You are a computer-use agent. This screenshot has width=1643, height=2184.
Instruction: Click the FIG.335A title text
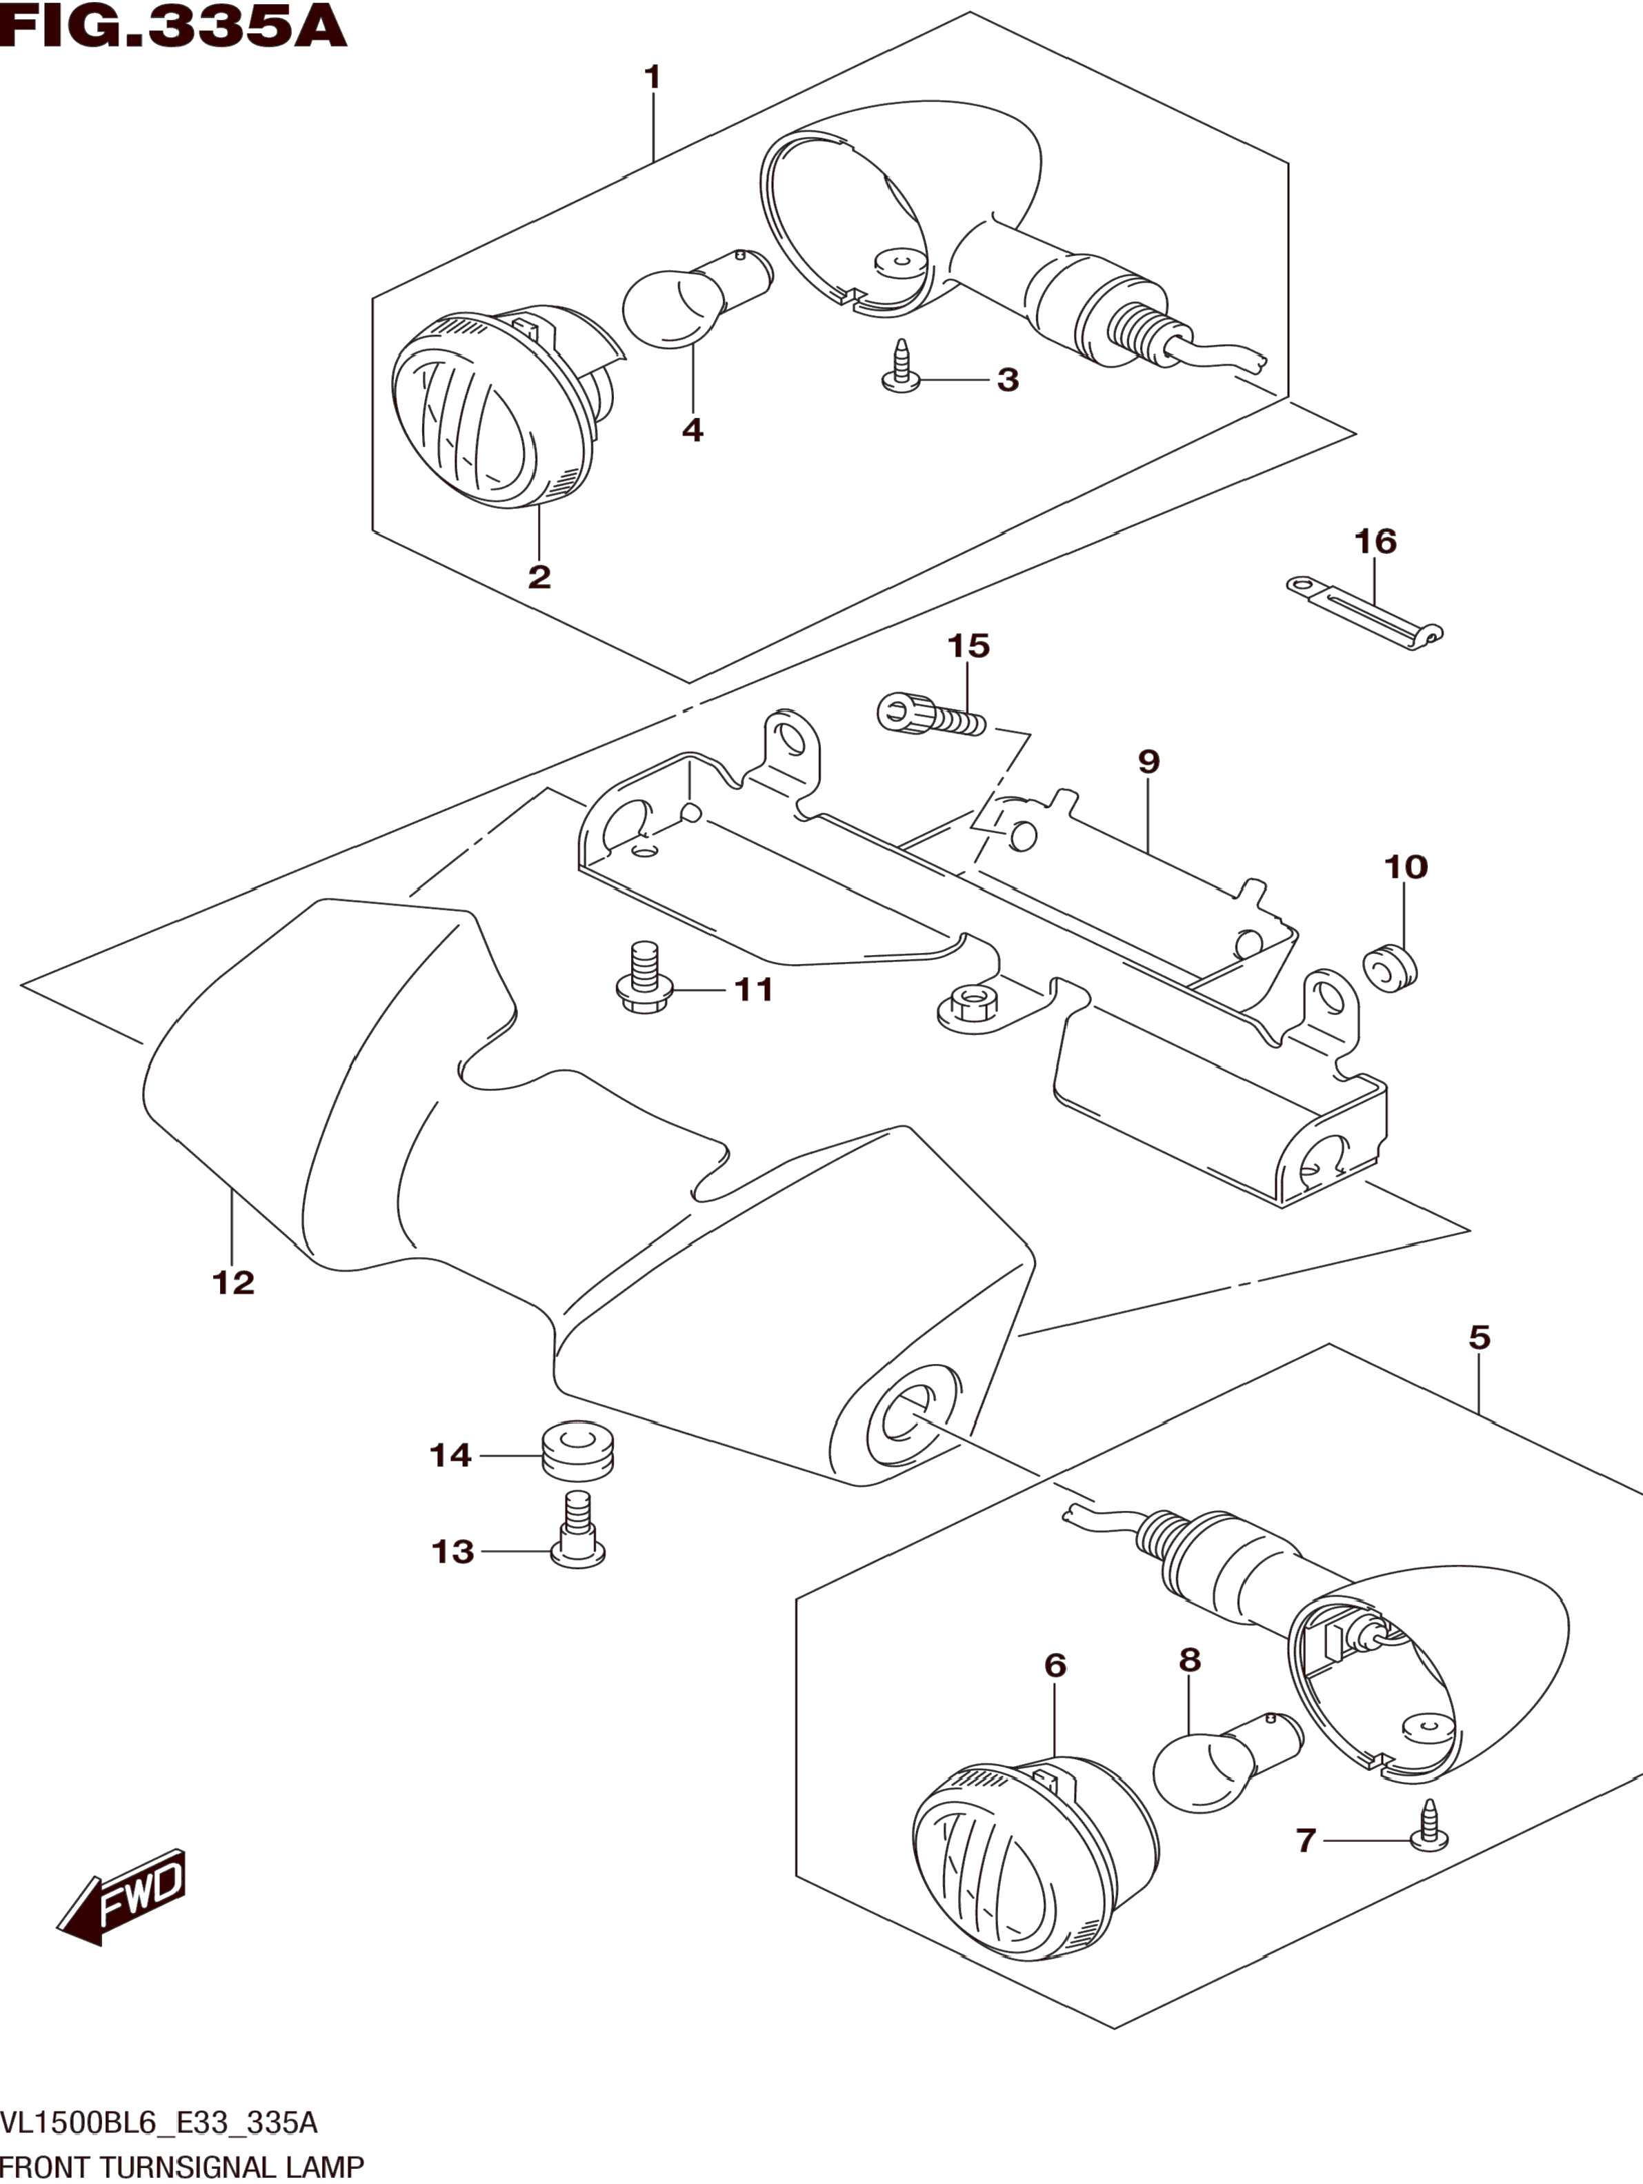(x=174, y=27)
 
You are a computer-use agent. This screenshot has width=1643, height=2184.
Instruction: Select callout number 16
(x=1375, y=541)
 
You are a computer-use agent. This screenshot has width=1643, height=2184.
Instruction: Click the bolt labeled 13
(x=577, y=1542)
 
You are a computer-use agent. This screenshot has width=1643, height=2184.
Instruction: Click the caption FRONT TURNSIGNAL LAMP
(x=183, y=2167)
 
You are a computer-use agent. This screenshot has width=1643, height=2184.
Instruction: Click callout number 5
(x=1478, y=1338)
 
